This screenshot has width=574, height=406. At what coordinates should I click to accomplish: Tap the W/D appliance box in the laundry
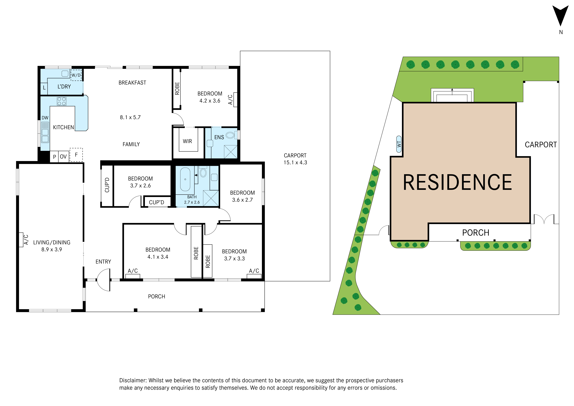pos(76,75)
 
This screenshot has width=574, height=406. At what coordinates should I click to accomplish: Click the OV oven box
pos(63,157)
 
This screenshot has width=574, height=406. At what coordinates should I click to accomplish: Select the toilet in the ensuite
pos(231,135)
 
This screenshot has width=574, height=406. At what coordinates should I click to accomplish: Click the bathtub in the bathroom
pos(185,179)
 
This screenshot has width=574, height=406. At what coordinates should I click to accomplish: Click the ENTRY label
pos(103,262)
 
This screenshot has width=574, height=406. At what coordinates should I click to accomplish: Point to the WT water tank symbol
pos(399,144)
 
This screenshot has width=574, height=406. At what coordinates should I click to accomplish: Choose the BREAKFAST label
pos(132,83)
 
